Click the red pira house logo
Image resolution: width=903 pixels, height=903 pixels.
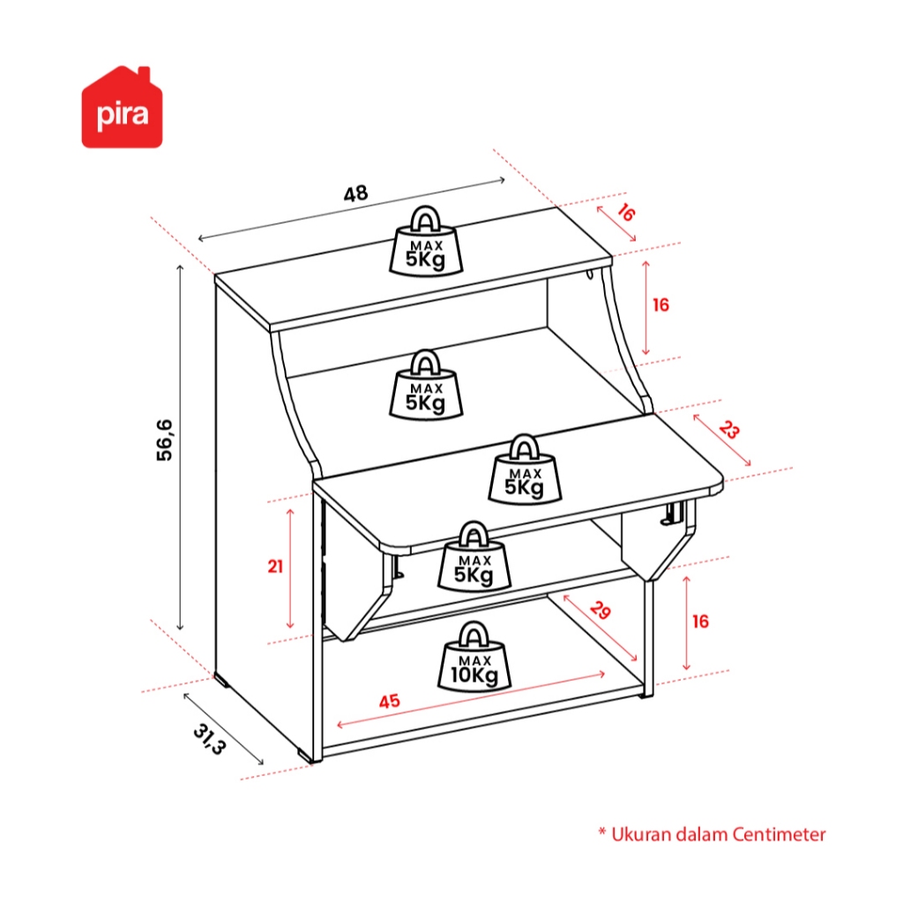pyautogui.click(x=122, y=108)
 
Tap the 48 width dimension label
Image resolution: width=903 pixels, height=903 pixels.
pyautogui.click(x=355, y=194)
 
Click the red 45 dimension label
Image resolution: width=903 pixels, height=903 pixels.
pyautogui.click(x=389, y=702)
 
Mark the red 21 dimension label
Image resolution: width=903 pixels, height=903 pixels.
pyautogui.click(x=276, y=567)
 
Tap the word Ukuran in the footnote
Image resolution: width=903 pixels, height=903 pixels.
pyautogui.click(x=641, y=834)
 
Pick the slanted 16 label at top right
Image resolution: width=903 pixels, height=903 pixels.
pyautogui.click(x=625, y=213)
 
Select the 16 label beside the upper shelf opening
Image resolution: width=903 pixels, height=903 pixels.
pyautogui.click(x=660, y=305)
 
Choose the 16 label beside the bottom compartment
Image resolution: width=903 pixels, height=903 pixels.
pyautogui.click(x=700, y=622)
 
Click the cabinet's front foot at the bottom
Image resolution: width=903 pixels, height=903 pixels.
pyautogui.click(x=305, y=756)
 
